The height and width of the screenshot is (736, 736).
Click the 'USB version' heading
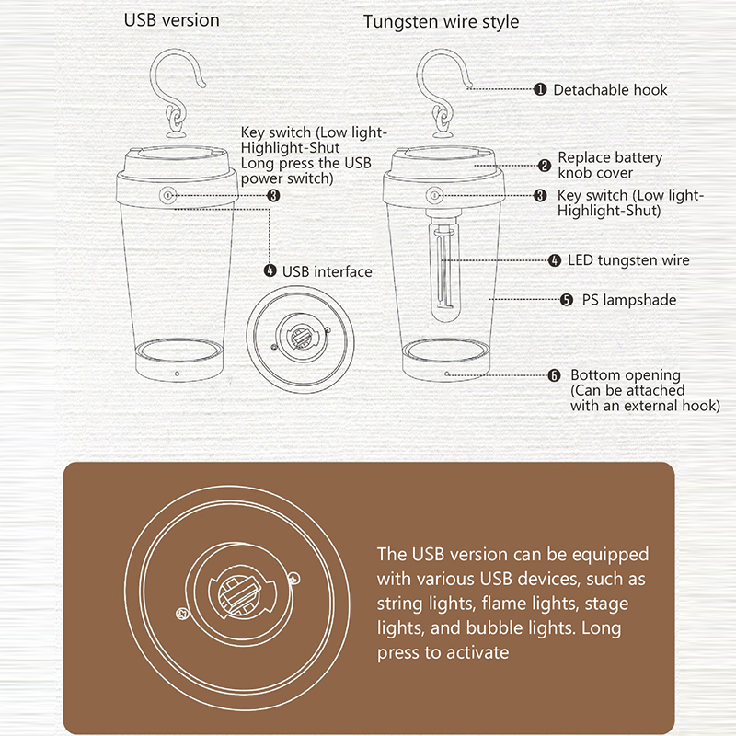click(171, 20)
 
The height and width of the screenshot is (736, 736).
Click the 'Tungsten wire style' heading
click(441, 22)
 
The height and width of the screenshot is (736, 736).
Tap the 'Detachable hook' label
click(610, 89)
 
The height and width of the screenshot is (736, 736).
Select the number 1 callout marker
click(540, 89)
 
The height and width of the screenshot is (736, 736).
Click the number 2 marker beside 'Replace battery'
click(545, 166)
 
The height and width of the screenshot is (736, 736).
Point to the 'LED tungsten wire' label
click(628, 260)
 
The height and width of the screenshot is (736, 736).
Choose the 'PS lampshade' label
click(629, 300)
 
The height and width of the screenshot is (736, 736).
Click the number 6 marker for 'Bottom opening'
click(555, 375)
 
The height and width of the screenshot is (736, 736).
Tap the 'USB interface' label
click(328, 271)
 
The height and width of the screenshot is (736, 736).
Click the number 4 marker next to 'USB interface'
click(270, 270)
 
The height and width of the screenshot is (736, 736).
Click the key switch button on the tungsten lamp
click(434, 195)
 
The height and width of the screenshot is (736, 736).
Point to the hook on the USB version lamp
click(177, 89)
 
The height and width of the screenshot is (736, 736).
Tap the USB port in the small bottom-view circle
click(300, 337)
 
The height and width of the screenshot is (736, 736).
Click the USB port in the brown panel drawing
click(239, 592)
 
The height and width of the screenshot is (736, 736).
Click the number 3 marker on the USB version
click(273, 195)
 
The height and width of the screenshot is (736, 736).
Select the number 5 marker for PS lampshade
click(567, 300)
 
